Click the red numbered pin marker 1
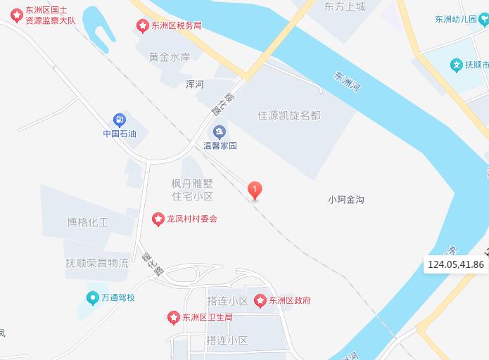coord(255,190)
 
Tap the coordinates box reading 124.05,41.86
coord(456,264)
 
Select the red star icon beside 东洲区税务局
coord(143,25)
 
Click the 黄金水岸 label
coord(169,57)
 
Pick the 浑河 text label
coord(194,84)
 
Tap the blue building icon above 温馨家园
coord(220,131)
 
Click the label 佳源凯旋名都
coord(289,115)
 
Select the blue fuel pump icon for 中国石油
coord(119,120)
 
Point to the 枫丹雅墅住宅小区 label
coord(192,189)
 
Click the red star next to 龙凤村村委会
coord(158,219)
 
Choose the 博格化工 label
coord(88,223)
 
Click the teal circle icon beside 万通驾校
coord(92,297)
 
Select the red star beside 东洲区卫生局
coord(173,318)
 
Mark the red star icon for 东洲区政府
coord(260,300)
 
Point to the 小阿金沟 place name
coord(345,200)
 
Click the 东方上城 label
coord(345,6)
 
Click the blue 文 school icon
coord(457,65)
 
